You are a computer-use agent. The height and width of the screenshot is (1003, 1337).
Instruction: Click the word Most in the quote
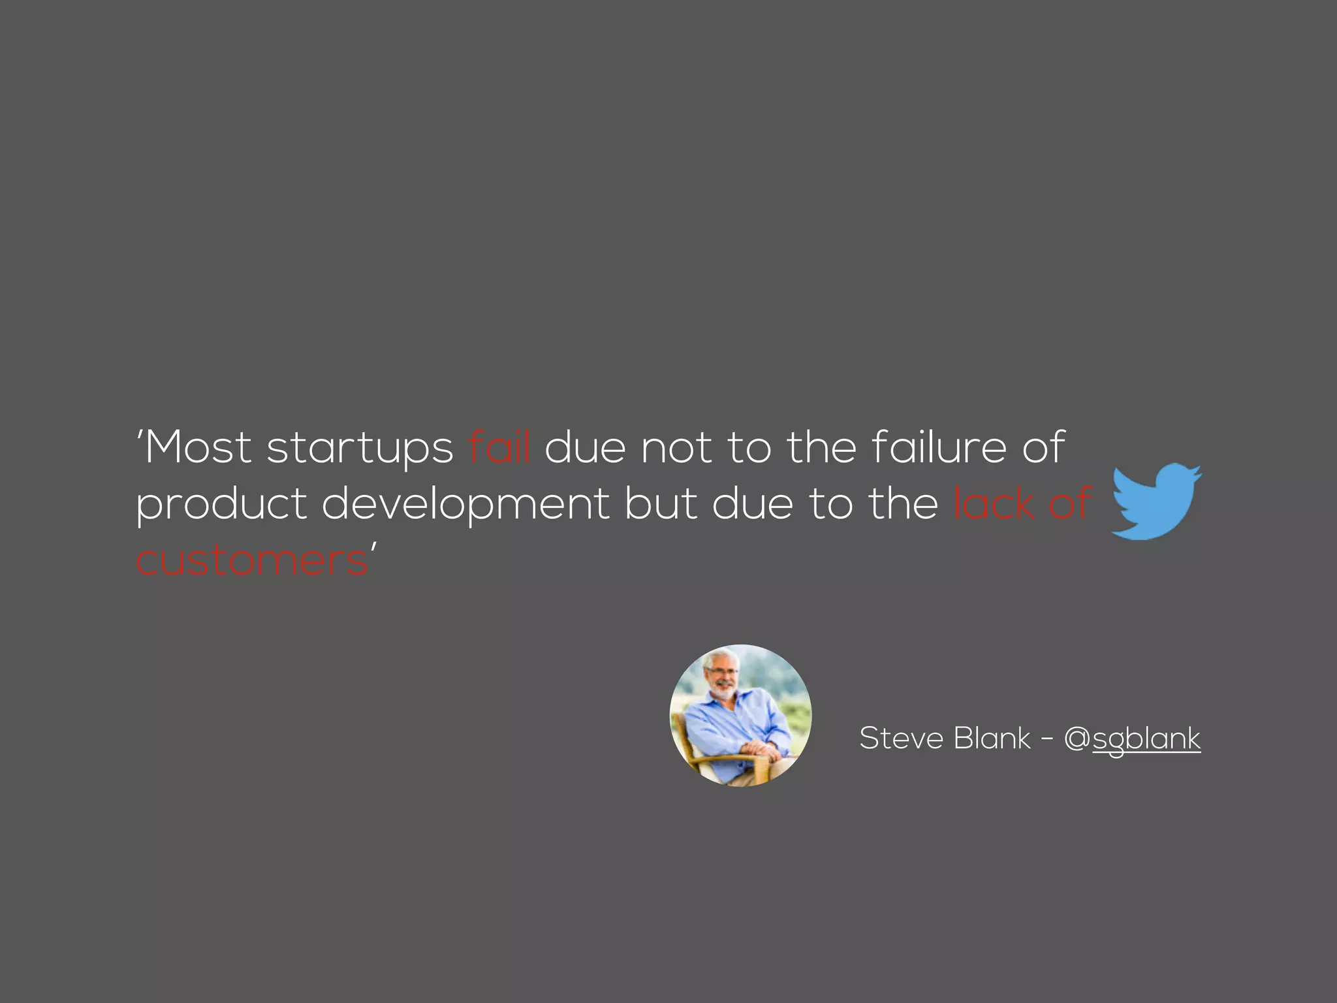coord(198,448)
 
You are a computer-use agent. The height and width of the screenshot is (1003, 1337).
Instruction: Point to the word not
coord(676,449)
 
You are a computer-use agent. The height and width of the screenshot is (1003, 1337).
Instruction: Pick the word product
coord(221,505)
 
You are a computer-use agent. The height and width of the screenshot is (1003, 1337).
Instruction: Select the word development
coord(465,505)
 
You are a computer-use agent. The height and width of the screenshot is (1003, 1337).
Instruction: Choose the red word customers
coord(252,561)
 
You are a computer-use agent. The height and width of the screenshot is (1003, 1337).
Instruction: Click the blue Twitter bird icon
coord(1156,502)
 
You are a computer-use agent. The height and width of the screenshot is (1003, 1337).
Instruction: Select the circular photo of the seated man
coord(740,716)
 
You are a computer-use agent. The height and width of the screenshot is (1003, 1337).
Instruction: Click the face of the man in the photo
coord(722,677)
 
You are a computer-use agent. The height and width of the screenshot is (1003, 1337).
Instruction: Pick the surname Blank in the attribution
coord(992,739)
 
